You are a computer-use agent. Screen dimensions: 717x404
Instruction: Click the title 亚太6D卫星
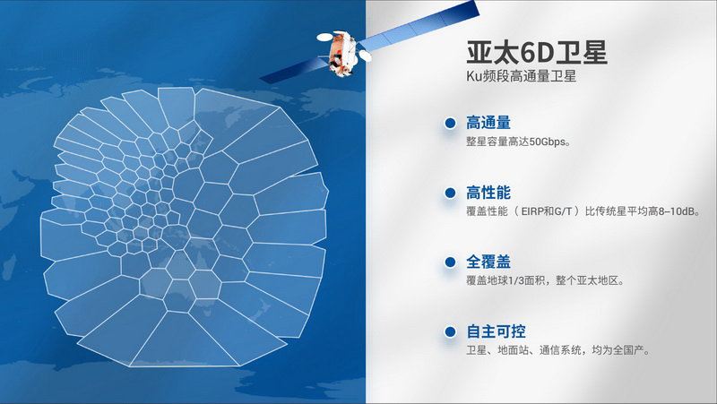(x=537, y=53)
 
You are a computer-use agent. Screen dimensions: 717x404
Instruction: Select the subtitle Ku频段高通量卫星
(x=521, y=76)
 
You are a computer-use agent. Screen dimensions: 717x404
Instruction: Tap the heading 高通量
(x=488, y=123)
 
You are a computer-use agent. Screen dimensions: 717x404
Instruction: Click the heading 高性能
(x=488, y=193)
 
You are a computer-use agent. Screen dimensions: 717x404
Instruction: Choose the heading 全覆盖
(x=488, y=262)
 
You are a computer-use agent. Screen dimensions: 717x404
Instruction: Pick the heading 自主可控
(x=496, y=331)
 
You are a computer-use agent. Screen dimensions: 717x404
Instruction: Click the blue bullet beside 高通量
(x=450, y=123)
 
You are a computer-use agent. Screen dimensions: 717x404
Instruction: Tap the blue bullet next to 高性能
(x=450, y=193)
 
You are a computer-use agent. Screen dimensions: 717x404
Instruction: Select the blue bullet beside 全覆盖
(x=450, y=262)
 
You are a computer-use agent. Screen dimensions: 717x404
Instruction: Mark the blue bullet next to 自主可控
(x=450, y=331)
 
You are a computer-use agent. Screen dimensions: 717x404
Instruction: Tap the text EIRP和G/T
(x=547, y=211)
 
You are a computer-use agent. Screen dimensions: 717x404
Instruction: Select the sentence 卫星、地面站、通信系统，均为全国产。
(x=557, y=350)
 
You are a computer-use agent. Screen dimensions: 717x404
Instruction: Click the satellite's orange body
(x=341, y=53)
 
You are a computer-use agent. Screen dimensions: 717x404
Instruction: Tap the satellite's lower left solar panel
(x=295, y=71)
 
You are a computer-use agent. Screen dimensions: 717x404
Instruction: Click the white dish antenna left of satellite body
(x=324, y=37)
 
